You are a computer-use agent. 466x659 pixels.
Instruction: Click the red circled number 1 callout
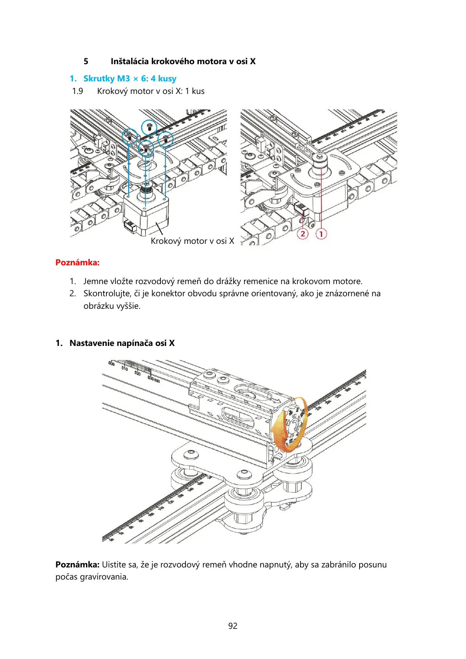click(x=321, y=234)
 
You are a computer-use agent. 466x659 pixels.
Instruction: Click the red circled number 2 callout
click(x=302, y=234)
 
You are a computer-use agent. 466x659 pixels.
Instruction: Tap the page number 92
click(x=233, y=626)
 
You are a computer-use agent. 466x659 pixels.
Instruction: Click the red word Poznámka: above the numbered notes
click(x=77, y=263)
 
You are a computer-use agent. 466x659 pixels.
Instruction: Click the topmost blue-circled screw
click(x=149, y=126)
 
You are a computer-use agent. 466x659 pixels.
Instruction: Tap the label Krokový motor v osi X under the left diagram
click(x=192, y=241)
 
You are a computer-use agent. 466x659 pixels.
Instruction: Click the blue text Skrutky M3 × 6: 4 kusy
click(x=130, y=79)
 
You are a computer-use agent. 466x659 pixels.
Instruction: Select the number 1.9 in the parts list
click(x=77, y=91)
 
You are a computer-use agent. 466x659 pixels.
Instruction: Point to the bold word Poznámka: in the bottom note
click(x=77, y=565)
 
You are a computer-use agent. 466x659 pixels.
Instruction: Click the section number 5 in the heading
click(x=86, y=61)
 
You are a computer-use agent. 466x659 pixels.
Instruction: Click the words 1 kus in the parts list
click(x=194, y=91)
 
